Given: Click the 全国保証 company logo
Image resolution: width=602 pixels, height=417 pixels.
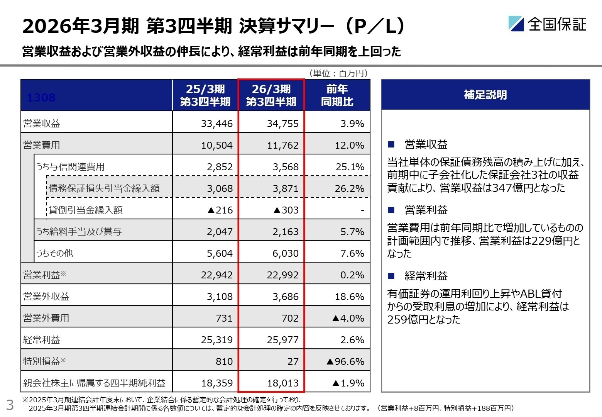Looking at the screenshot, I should (x=547, y=24).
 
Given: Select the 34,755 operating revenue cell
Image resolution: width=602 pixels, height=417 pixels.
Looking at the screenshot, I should (x=282, y=124).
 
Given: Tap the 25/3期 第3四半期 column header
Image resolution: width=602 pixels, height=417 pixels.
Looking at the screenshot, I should (x=205, y=95).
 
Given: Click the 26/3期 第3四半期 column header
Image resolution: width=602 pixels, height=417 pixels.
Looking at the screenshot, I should (x=271, y=95).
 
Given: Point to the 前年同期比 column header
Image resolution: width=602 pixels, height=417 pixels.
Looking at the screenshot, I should (x=337, y=95).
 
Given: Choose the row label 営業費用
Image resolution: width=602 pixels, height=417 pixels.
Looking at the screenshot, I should (x=42, y=145).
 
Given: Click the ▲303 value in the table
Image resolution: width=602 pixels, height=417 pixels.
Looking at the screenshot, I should (x=286, y=210).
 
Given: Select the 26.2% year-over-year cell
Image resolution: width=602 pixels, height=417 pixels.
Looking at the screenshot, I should (x=349, y=188).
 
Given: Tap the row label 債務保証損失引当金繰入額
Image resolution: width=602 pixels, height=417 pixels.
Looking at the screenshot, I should (x=104, y=188).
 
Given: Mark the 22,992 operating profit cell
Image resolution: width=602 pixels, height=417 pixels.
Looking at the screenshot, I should (x=282, y=275).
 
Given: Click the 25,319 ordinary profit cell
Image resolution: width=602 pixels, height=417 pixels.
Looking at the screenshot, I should (x=216, y=340).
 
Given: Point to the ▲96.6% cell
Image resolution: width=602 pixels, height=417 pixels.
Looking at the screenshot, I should (x=345, y=361).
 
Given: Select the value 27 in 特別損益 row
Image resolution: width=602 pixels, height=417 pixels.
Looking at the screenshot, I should (x=293, y=361).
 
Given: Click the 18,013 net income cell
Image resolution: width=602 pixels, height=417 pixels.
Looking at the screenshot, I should (x=282, y=383).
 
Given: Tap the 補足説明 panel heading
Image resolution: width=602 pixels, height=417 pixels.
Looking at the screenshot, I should (x=485, y=95).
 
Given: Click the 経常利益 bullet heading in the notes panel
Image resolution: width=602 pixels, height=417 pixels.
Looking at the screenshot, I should (x=426, y=276).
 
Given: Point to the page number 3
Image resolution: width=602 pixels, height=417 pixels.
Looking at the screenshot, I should (x=10, y=405).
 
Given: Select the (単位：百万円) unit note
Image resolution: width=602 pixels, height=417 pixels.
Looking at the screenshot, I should (x=338, y=73).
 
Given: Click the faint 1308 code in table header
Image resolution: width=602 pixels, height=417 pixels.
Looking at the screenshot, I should (x=41, y=98).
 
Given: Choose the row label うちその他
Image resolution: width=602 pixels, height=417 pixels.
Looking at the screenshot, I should (x=54, y=253).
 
